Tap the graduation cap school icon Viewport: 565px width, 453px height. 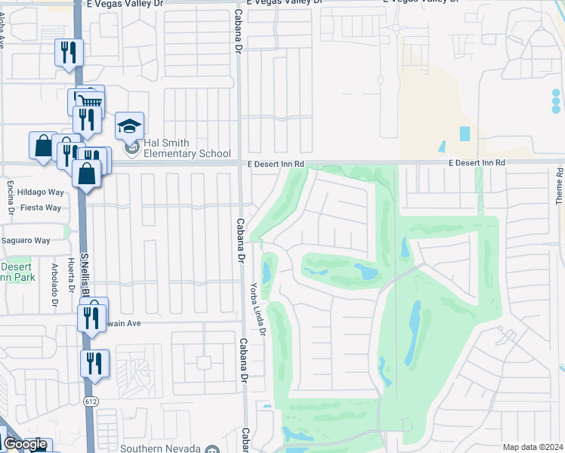[x=129, y=126]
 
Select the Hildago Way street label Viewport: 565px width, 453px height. [x=41, y=193]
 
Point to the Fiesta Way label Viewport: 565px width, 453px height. [x=41, y=208]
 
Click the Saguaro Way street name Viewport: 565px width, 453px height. [x=25, y=241]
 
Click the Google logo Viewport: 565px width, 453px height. [x=25, y=445]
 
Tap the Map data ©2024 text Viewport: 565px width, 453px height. [x=533, y=447]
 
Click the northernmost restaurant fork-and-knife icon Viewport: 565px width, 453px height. [x=68, y=52]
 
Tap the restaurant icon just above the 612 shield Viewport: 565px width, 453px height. [x=95, y=363]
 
